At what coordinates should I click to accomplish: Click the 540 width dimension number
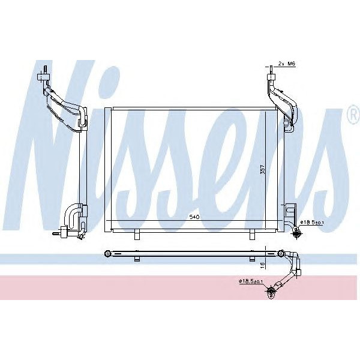pos(194,216)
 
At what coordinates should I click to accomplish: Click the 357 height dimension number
pos(262,170)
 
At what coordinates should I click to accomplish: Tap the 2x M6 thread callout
pos(287,64)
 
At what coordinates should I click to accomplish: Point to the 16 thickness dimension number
pos(262,264)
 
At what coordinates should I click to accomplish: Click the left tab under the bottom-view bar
pos(137,259)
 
